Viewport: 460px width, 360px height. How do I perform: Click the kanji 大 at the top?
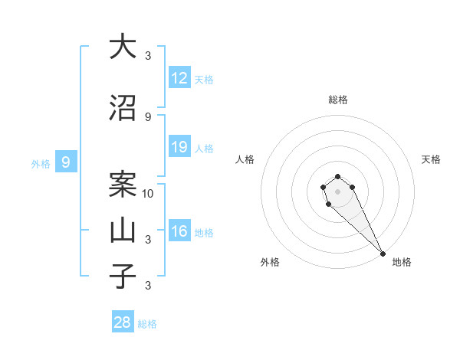click(x=123, y=47)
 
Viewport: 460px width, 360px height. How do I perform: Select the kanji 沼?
click(x=123, y=110)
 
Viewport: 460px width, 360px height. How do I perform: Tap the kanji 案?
click(x=123, y=185)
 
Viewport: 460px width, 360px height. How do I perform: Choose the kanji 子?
click(x=123, y=277)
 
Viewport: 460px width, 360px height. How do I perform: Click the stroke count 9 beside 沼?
click(x=148, y=117)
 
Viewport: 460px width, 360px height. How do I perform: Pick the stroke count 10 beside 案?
click(x=149, y=193)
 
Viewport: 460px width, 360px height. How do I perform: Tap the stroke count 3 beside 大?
click(x=148, y=55)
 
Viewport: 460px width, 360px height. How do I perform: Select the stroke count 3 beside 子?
click(x=148, y=286)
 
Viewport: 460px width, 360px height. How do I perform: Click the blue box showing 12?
click(x=179, y=77)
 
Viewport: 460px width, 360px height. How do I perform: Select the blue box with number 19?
click(x=179, y=147)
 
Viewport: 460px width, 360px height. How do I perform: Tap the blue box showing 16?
click(x=179, y=231)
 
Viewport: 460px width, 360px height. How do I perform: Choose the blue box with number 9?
click(x=66, y=162)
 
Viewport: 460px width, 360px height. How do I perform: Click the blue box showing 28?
click(x=123, y=322)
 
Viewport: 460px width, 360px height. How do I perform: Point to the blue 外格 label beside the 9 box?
click(x=40, y=163)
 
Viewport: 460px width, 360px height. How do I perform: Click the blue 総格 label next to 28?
click(x=147, y=324)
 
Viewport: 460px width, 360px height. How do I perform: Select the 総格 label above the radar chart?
click(x=338, y=100)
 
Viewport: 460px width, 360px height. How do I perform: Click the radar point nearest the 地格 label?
click(x=383, y=254)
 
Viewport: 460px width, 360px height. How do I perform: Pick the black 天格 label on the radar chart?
click(x=431, y=159)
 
